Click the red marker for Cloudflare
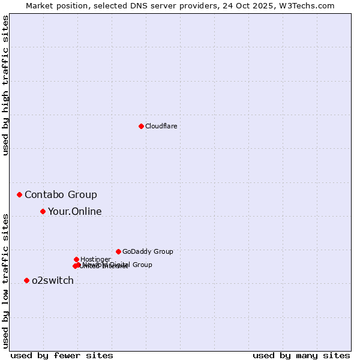pyautogui.click(x=141, y=126)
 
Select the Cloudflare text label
pyautogui.click(x=161, y=126)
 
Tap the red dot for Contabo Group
pyautogui.click(x=19, y=194)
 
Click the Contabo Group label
pyautogui.click(x=61, y=194)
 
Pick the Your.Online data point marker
pyautogui.click(x=43, y=211)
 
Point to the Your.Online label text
pyautogui.click(x=75, y=211)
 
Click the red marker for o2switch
pyautogui.click(x=26, y=280)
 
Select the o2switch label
pyautogui.click(x=53, y=280)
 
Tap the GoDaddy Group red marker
pyautogui.click(x=118, y=251)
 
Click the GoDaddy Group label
pyautogui.click(x=148, y=251)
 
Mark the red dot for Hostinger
pyautogui.click(x=76, y=259)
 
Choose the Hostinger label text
pyautogui.click(x=95, y=259)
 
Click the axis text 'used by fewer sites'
pyautogui.click(x=62, y=355)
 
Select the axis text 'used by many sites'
pyautogui.click(x=301, y=355)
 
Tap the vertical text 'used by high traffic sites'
pyautogui.click(x=5, y=85)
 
